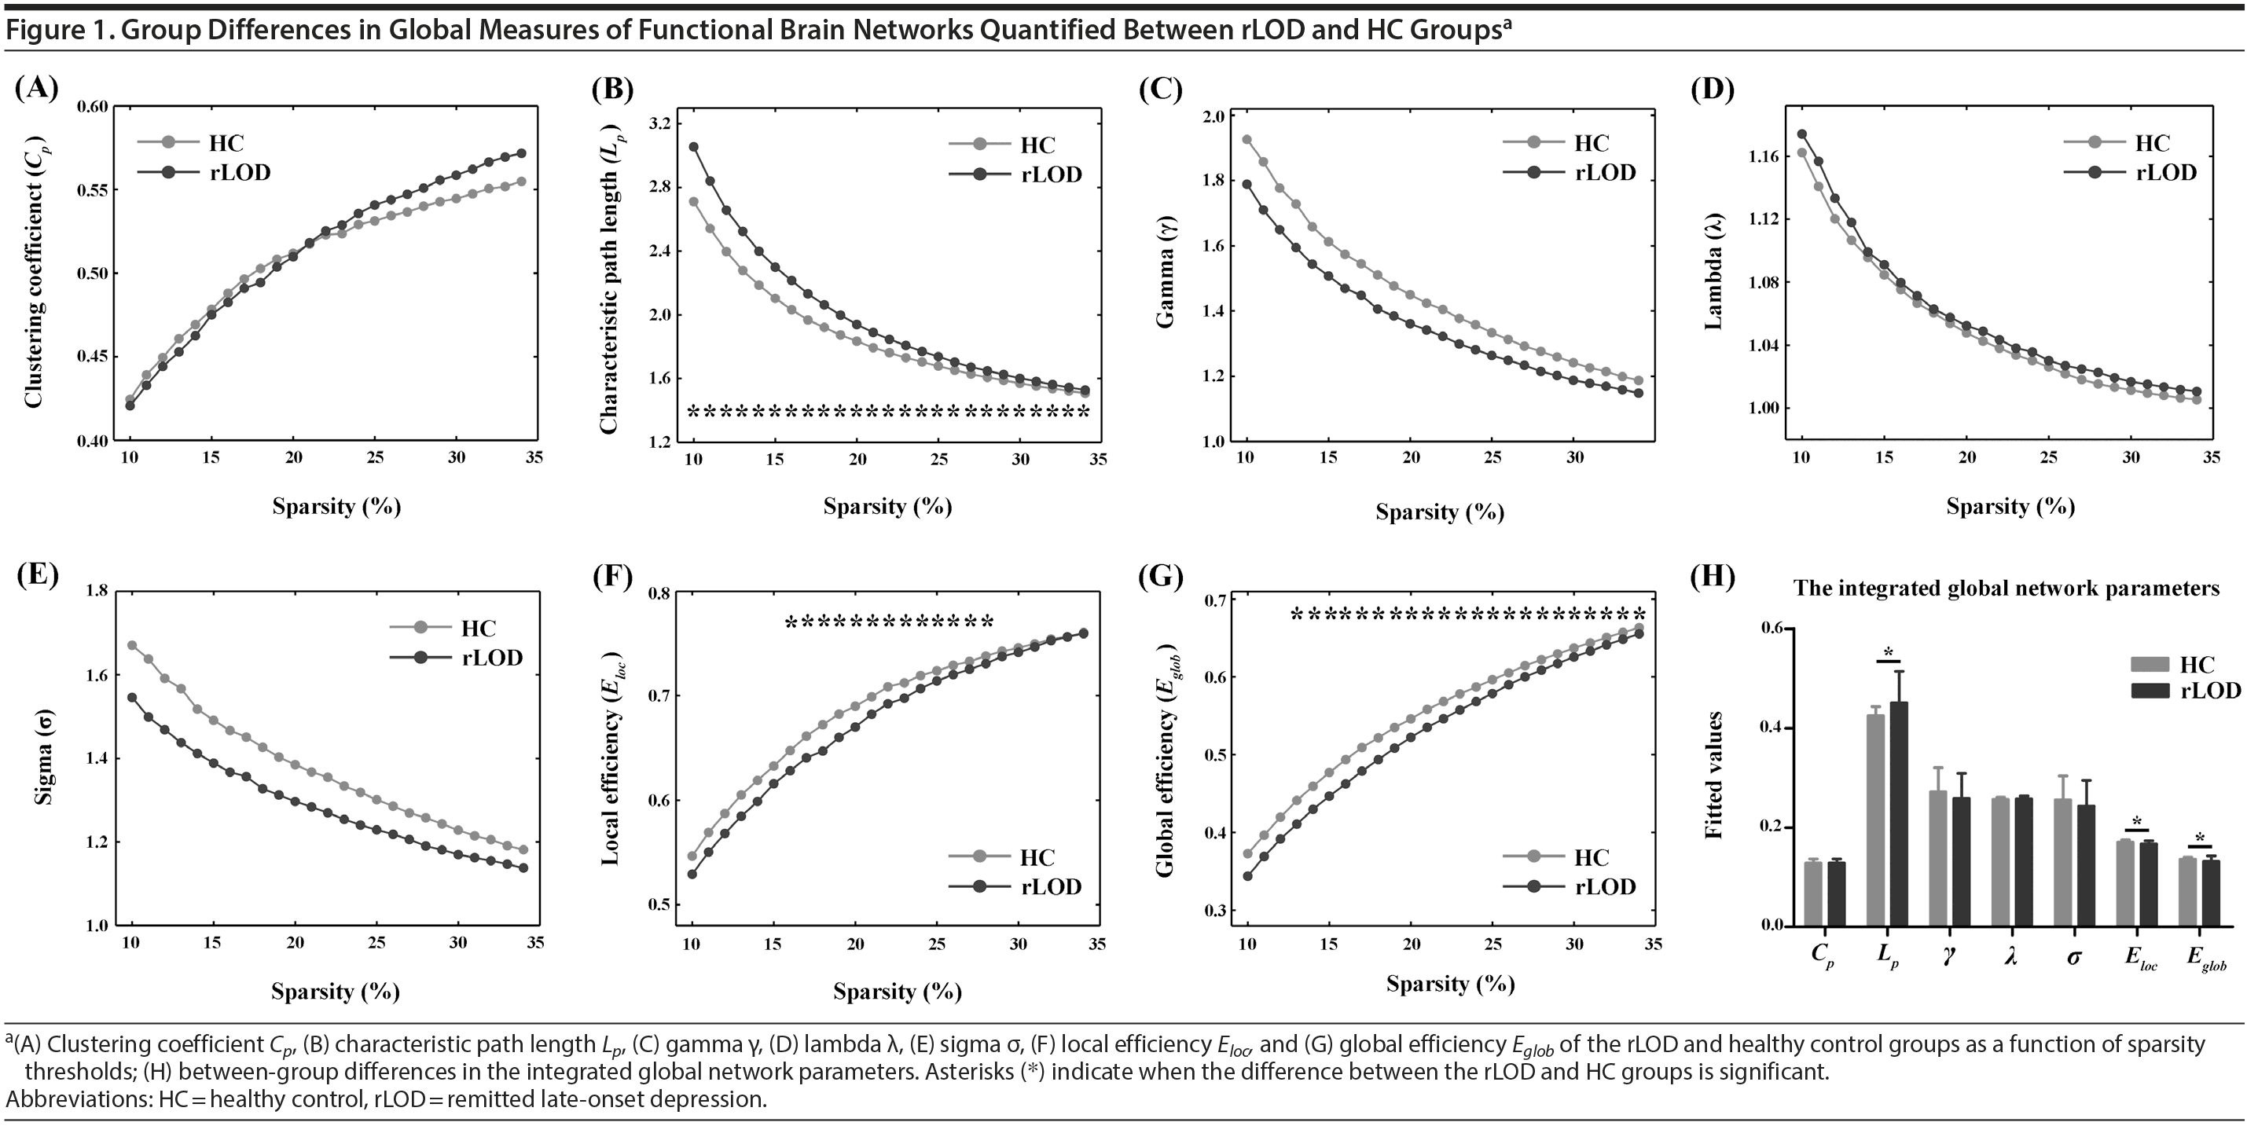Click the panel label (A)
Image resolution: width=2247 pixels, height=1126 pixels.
coord(37,88)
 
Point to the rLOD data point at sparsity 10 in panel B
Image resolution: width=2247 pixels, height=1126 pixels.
coord(693,146)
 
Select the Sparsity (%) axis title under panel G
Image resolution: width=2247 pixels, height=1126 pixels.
coord(1450,984)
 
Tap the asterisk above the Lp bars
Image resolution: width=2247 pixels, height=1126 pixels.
coord(1889,653)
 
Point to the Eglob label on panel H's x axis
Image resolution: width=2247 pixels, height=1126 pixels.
coord(2206,958)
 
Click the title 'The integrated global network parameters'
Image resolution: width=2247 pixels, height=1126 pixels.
coord(2007,589)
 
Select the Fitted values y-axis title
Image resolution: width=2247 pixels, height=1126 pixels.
coord(1714,776)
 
